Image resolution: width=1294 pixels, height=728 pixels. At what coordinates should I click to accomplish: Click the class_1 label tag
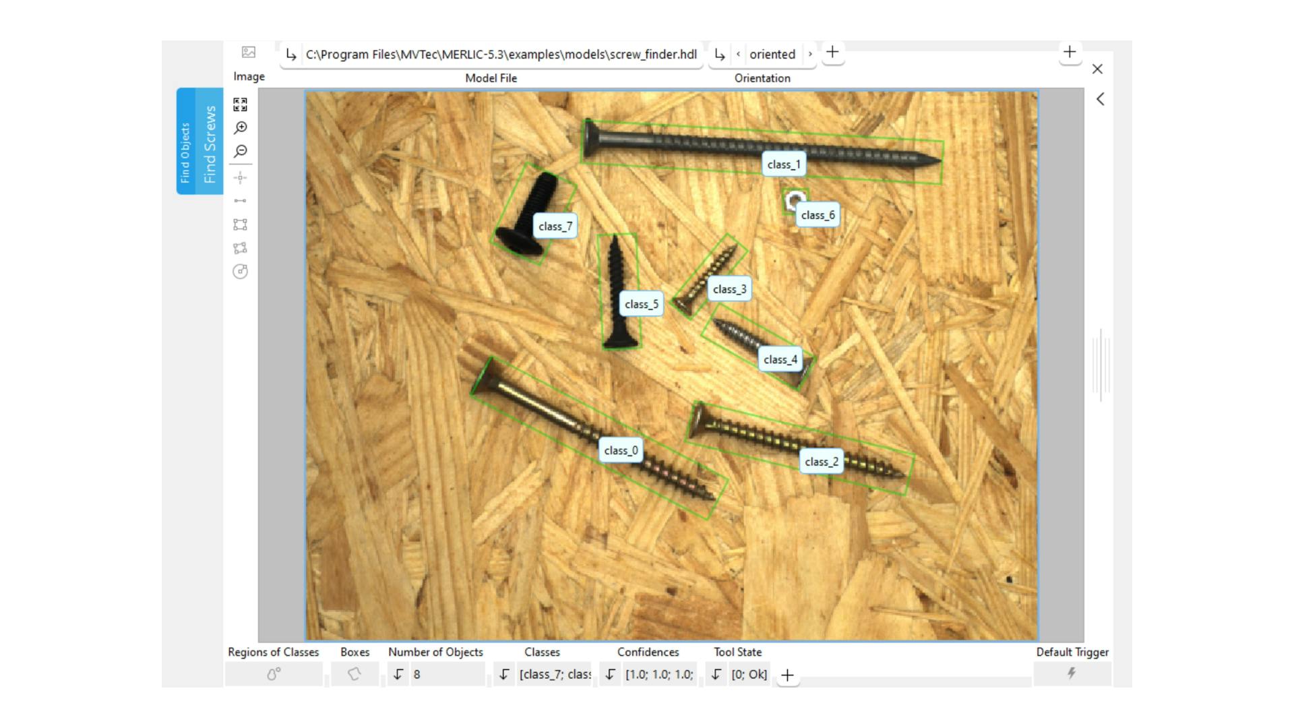[783, 164]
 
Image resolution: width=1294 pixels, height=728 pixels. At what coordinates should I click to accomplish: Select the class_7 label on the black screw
[555, 226]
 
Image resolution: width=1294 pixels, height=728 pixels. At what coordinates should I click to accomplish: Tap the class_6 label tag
[818, 215]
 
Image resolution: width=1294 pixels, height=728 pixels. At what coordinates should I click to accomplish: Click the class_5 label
[641, 304]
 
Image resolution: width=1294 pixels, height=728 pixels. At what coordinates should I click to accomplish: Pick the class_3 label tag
[729, 289]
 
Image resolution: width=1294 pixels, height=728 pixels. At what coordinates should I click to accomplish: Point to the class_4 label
[780, 360]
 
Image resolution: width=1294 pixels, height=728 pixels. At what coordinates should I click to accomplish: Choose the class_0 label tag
[621, 450]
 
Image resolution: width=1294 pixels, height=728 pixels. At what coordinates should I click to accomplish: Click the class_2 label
[822, 462]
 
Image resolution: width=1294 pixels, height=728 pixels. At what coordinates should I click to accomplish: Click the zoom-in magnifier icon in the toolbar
[241, 127]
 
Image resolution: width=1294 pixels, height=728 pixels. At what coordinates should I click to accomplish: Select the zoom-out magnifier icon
[241, 151]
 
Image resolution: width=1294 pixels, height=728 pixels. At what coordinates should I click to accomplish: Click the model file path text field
[501, 55]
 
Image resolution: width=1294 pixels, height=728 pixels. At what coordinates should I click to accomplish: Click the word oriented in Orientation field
[772, 55]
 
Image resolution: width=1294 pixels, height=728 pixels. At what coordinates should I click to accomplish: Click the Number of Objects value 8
[417, 674]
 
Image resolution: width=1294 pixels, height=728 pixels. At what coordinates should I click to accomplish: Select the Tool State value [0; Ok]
[749, 674]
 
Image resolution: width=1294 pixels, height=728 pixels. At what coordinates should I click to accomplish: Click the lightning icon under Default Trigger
[1072, 673]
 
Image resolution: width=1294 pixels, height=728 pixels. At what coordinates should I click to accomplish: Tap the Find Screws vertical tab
[210, 143]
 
